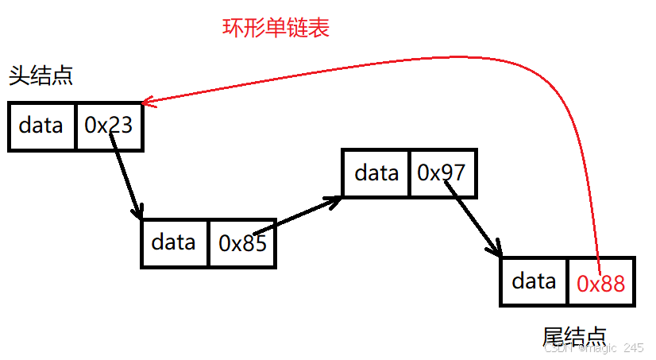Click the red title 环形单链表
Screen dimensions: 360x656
(x=276, y=29)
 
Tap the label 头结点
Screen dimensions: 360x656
(x=41, y=76)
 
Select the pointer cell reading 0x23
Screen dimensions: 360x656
(x=109, y=126)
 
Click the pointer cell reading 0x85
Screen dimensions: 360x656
(x=242, y=243)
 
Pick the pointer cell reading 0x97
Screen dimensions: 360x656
(x=443, y=172)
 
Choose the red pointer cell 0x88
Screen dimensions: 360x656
(x=601, y=282)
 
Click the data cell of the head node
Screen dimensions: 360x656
(x=42, y=126)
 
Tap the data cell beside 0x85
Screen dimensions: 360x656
(x=175, y=243)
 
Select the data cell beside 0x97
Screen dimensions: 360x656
(x=376, y=172)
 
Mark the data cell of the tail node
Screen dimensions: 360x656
(x=534, y=281)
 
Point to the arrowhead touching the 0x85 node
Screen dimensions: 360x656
(x=139, y=213)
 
